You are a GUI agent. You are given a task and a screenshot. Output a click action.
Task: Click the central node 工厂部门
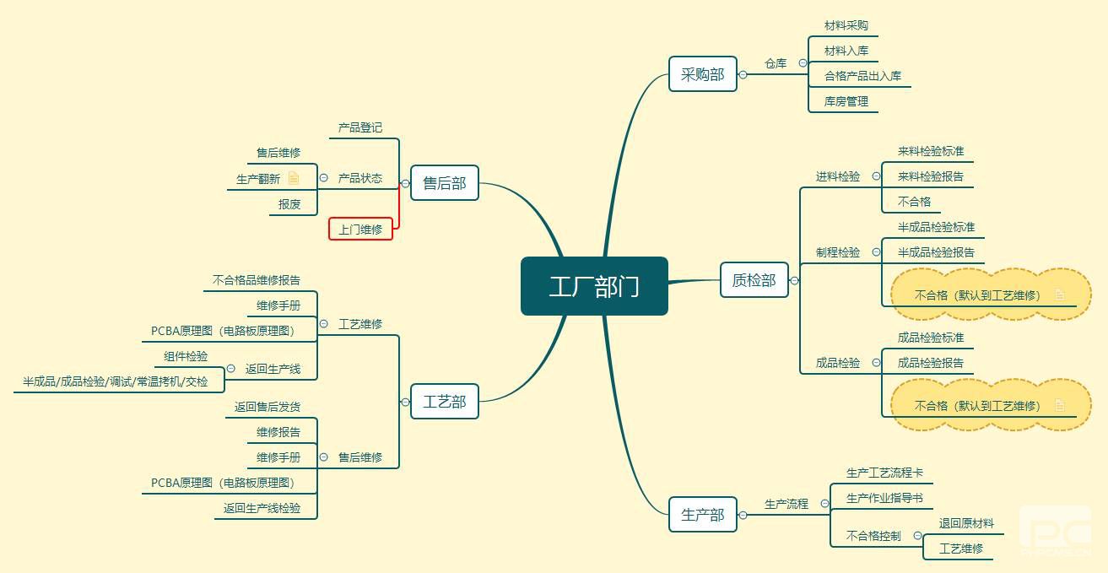(x=594, y=286)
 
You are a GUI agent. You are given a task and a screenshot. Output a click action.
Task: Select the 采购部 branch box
(x=702, y=74)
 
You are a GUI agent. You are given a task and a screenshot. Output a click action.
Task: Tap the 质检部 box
(x=754, y=280)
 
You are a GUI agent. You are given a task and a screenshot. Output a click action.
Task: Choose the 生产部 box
(x=702, y=515)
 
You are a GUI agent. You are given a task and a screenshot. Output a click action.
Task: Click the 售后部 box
(x=444, y=183)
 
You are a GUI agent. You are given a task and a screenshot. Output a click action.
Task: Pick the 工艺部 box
(x=444, y=402)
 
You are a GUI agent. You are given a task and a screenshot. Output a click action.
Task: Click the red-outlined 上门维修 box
(x=360, y=229)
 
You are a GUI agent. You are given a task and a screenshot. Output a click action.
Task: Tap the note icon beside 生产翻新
(x=294, y=178)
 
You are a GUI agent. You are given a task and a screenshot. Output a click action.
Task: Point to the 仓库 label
(x=776, y=63)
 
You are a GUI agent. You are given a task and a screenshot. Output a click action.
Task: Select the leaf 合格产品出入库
(x=862, y=76)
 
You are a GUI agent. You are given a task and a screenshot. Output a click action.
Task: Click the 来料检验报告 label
(x=930, y=177)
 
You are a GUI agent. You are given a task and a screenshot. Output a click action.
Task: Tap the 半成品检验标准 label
(x=936, y=227)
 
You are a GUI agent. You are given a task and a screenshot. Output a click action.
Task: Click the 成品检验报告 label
(x=930, y=363)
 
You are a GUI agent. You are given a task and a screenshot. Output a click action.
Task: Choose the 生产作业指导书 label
(x=884, y=498)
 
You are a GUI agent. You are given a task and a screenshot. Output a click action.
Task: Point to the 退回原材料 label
(x=966, y=523)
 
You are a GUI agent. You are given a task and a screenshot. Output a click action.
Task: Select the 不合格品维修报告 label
(x=257, y=280)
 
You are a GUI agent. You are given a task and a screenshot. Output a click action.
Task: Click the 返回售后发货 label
(x=268, y=407)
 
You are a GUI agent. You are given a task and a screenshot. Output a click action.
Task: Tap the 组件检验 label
(x=186, y=356)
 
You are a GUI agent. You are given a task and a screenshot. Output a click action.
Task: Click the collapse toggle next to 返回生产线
(x=231, y=369)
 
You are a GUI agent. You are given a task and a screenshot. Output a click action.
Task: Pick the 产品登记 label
(x=360, y=127)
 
